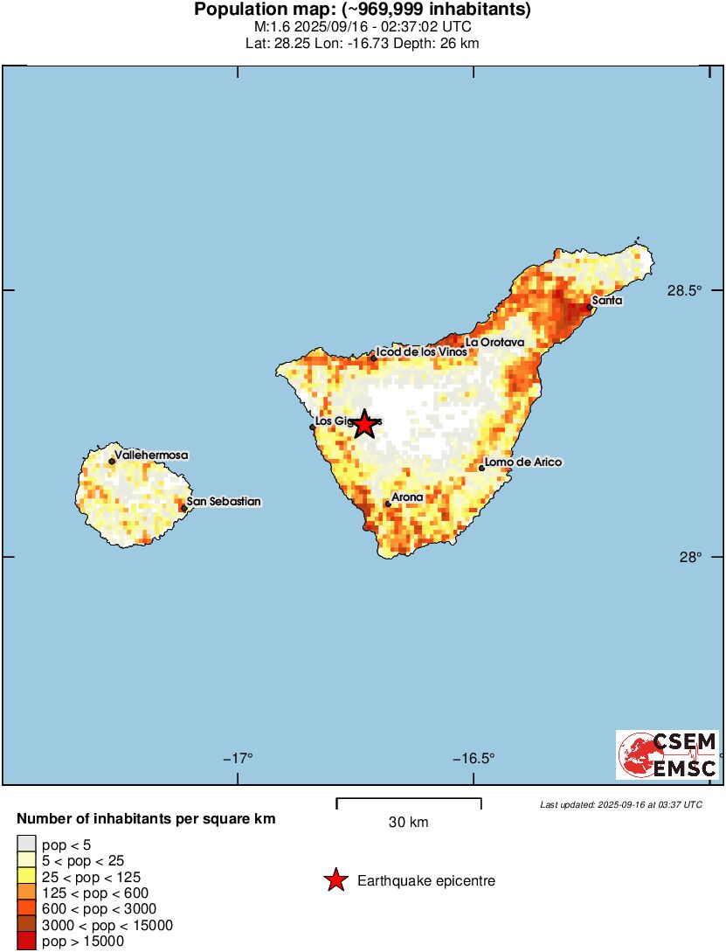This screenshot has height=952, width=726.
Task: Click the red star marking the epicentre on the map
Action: click(x=364, y=425)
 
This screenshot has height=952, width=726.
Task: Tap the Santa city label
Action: click(x=607, y=301)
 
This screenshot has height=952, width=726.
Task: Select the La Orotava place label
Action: click(x=494, y=343)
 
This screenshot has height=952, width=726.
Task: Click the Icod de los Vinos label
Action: click(x=421, y=352)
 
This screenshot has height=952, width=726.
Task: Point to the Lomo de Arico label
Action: click(x=524, y=462)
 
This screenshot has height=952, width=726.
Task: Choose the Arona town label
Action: click(x=407, y=497)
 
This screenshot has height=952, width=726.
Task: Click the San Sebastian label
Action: click(x=224, y=502)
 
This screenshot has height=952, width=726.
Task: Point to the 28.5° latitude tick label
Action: click(x=684, y=291)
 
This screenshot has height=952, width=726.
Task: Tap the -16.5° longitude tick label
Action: click(x=474, y=758)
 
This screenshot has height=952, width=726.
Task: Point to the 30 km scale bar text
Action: click(x=408, y=823)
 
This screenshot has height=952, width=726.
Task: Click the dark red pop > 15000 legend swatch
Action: click(x=27, y=942)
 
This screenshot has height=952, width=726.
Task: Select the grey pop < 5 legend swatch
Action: click(x=27, y=844)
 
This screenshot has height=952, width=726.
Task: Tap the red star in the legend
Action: click(x=335, y=881)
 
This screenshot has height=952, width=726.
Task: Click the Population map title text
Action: click(x=363, y=10)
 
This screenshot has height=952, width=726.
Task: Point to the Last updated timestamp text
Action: click(x=620, y=804)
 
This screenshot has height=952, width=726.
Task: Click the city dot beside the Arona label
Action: click(x=388, y=504)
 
